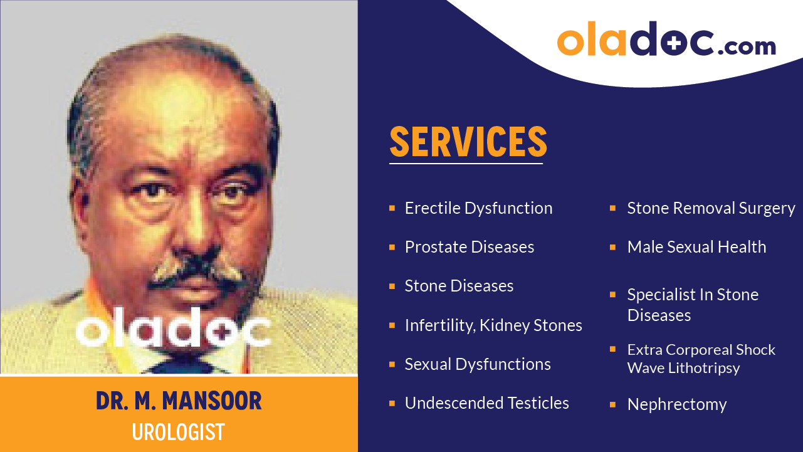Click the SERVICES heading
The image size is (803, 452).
(x=468, y=142)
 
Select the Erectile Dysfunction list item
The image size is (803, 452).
(x=478, y=208)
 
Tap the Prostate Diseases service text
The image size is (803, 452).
(x=469, y=247)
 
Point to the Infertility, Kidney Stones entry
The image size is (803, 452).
(x=493, y=325)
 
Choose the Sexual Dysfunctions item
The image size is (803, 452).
(x=477, y=364)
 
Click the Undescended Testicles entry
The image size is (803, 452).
(x=486, y=403)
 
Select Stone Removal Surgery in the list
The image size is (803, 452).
(x=711, y=208)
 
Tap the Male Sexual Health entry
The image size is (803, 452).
(x=696, y=247)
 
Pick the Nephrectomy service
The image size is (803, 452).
(x=676, y=405)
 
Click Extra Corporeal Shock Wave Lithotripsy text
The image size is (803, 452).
(x=701, y=359)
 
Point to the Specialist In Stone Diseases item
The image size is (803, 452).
(x=692, y=305)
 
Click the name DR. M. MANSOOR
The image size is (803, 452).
(x=179, y=401)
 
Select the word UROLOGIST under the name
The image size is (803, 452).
(x=179, y=432)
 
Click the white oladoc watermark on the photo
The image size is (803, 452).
(x=173, y=329)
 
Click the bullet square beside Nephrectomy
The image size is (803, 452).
(x=612, y=404)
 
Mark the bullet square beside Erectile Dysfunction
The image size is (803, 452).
(x=392, y=208)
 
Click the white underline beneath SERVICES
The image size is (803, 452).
(x=465, y=164)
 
